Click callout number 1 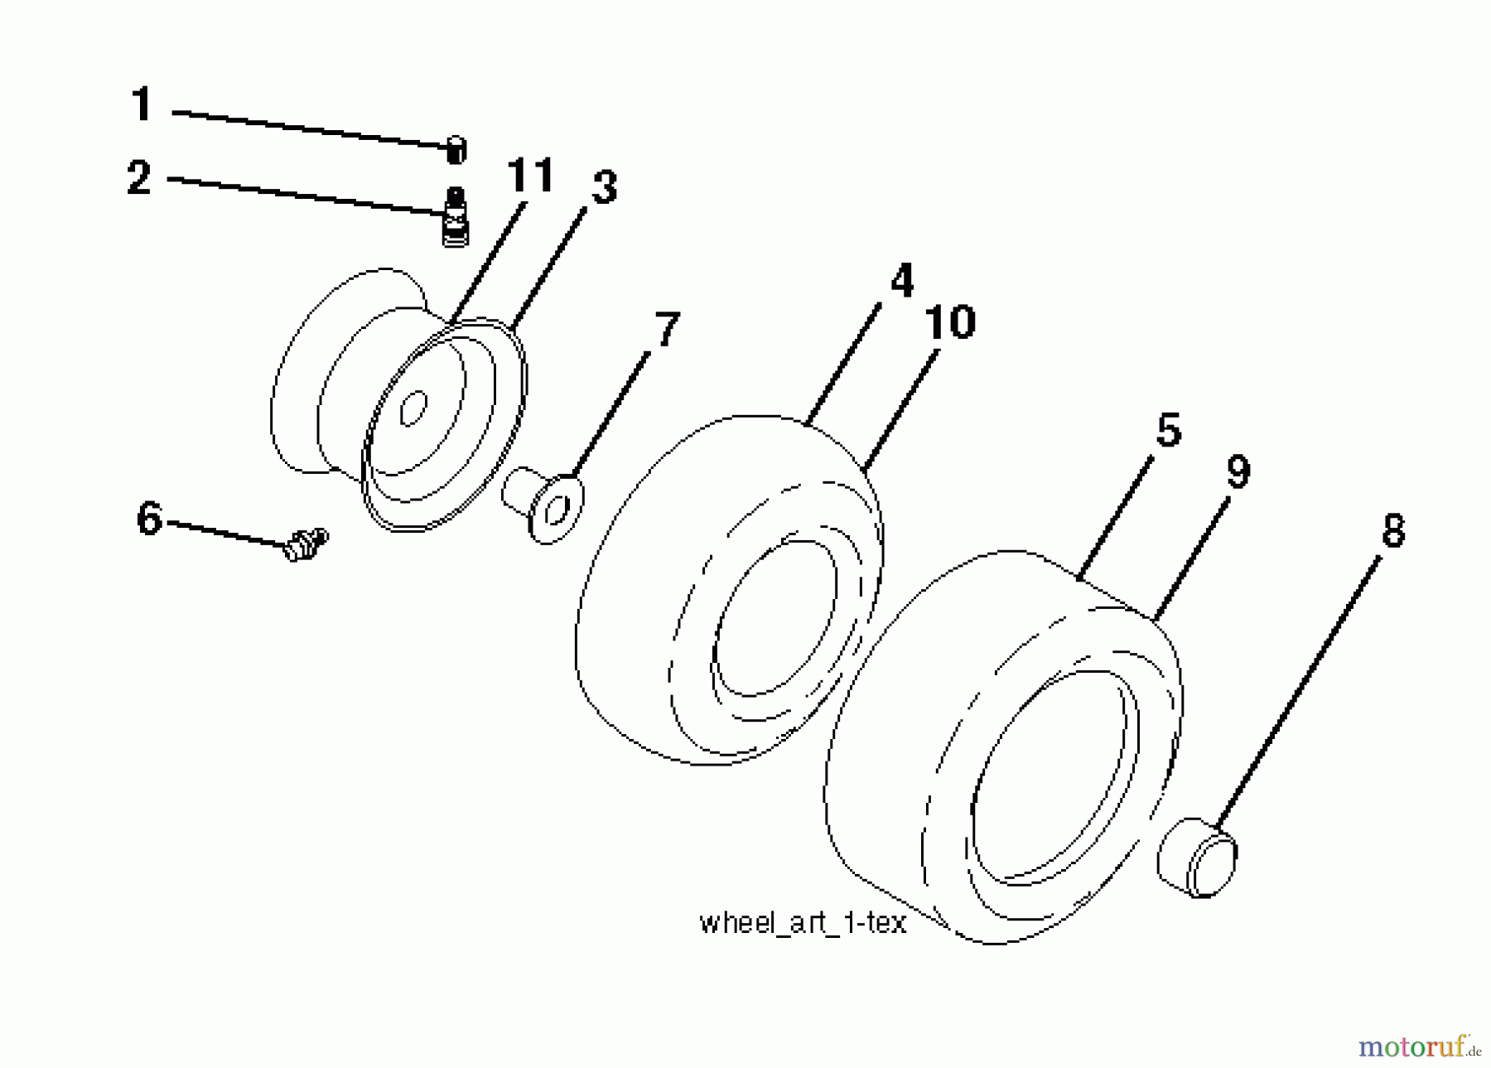142,104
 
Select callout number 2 139,177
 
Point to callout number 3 604,187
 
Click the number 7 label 667,329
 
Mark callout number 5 1168,430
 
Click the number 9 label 1238,471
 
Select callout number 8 1393,530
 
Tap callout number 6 149,519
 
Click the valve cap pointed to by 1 456,150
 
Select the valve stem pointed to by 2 455,216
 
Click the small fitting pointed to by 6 306,544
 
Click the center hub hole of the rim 413,408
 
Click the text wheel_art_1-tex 803,923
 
